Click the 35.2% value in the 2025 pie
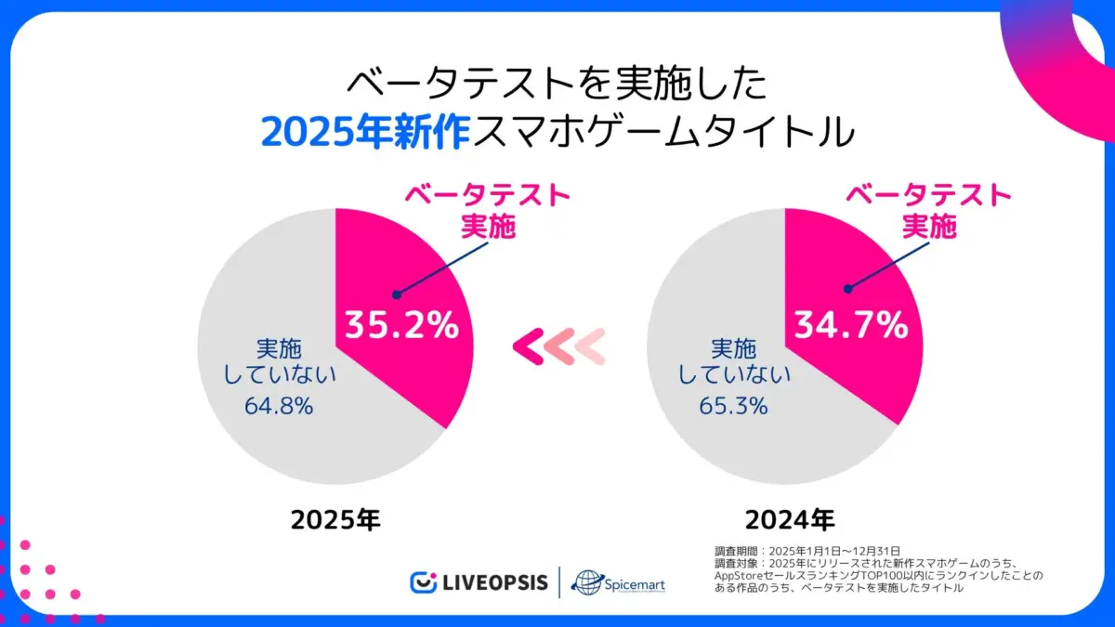pos(401,325)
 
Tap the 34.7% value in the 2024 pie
pos(849,325)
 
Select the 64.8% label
pos(279,406)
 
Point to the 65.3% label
pos(733,406)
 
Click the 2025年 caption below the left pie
pos(335,519)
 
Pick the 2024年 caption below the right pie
pos(789,519)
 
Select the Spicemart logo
pos(618,582)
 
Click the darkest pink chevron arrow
pos(531,346)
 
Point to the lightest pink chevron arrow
pos(590,346)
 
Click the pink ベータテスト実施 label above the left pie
pos(488,211)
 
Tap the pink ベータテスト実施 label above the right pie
pos(928,211)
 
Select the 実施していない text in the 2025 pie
pos(280,362)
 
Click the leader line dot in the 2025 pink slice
pos(396,295)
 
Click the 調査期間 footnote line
pos(807,551)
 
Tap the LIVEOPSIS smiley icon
pos(424,582)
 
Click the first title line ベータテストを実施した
pos(557,85)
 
